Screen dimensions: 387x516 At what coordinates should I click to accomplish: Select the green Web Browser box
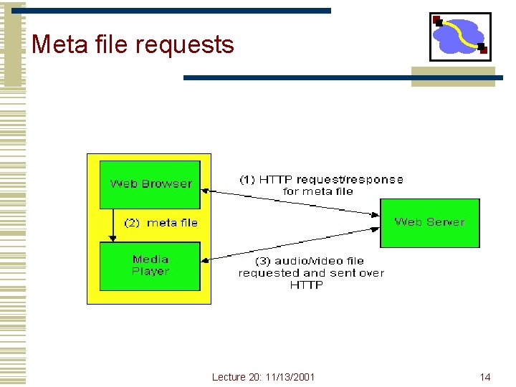coord(150,184)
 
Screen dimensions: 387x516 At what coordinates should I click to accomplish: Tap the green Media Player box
coord(150,266)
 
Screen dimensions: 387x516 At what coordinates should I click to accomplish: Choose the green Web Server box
coord(429,223)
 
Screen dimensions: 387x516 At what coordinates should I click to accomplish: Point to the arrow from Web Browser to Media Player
coord(111,225)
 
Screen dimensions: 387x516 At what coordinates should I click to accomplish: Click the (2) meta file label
coord(161,223)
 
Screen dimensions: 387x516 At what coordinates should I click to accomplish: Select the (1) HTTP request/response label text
coord(320,179)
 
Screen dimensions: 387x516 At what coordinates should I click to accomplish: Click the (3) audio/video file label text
coord(310,261)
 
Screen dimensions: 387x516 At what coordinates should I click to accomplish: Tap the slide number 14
coord(485,377)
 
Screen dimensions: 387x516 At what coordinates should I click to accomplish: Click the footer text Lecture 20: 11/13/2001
coord(263,377)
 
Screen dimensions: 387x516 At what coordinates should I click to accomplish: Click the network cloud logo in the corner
coord(460,37)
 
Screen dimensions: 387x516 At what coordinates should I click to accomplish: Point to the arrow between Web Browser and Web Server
coord(290,201)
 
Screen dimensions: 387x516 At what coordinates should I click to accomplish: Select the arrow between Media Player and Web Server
coord(290,244)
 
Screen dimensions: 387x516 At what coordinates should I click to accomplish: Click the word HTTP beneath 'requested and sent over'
coord(307,285)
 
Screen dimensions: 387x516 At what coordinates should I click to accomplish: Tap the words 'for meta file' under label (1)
coord(317,191)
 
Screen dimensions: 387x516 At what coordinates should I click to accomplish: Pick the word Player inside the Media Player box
coord(150,272)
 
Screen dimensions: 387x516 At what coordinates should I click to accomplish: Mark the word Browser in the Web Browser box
coord(167,184)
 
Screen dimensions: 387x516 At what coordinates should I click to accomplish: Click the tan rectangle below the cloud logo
coord(453,77)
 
